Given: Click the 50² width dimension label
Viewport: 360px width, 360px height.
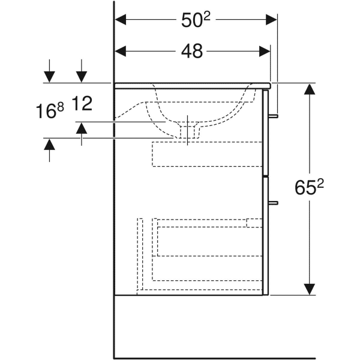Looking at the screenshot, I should click(196, 20).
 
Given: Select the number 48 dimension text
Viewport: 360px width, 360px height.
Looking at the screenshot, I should click(192, 52).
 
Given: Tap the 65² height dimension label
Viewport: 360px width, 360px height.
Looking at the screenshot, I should click(309, 188).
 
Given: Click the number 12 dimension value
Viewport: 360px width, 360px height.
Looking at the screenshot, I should click(82, 104).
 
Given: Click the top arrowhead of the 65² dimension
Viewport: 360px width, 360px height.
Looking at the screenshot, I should click(309, 89).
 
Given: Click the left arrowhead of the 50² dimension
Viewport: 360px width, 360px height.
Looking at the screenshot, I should click(121, 20).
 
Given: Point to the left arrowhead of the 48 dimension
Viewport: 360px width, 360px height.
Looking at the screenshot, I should click(121, 52).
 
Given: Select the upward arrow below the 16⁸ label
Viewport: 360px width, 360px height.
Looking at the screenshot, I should click(49, 144).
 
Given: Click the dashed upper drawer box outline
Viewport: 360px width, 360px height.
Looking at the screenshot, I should click(207, 154).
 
